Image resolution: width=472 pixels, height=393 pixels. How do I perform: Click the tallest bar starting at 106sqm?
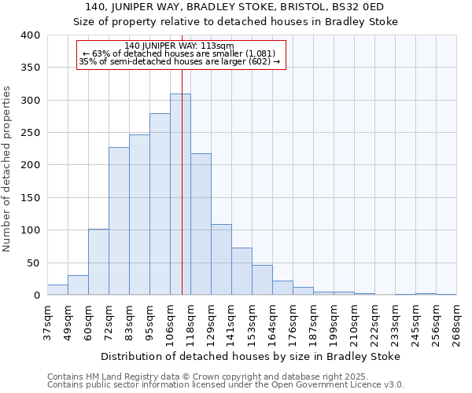180,194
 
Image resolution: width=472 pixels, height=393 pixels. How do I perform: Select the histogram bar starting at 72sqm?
119,221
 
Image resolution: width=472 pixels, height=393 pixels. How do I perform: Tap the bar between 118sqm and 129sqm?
201,224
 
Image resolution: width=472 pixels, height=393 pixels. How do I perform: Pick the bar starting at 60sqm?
98,262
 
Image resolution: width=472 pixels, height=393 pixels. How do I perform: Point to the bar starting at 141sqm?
242,271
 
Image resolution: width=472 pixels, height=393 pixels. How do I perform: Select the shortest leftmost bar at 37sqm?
57,289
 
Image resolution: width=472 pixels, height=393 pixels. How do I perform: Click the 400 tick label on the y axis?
30,35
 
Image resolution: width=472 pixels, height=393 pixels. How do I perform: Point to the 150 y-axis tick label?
30,198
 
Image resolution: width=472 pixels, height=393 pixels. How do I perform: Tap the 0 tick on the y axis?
36,296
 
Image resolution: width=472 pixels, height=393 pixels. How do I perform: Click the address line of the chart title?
235,7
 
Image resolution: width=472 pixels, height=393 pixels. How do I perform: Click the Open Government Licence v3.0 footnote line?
226,384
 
